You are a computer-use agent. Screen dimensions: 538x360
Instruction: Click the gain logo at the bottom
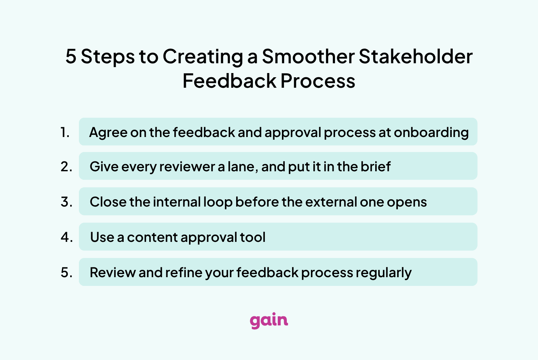click(x=269, y=321)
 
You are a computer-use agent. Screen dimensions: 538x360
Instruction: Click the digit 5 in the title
click(x=71, y=57)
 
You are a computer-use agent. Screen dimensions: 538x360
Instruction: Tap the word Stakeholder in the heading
click(x=416, y=57)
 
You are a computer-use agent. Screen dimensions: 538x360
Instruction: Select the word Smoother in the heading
click(x=308, y=57)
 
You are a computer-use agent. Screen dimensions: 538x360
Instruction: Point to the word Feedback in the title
click(x=229, y=81)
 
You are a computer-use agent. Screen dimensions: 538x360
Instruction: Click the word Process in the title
click(x=318, y=81)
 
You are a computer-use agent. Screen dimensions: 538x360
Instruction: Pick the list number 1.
click(x=65, y=132)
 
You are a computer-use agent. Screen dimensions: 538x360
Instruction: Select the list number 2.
click(x=66, y=166)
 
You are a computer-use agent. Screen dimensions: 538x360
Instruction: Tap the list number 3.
click(x=66, y=202)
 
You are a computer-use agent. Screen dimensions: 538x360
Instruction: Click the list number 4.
click(x=67, y=237)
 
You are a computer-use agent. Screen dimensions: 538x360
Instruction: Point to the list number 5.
click(x=66, y=273)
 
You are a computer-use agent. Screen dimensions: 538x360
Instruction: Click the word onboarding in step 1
click(x=431, y=133)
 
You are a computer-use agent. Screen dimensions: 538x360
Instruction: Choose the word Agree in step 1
click(x=108, y=133)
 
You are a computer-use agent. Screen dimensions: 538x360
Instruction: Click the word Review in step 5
click(x=112, y=273)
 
